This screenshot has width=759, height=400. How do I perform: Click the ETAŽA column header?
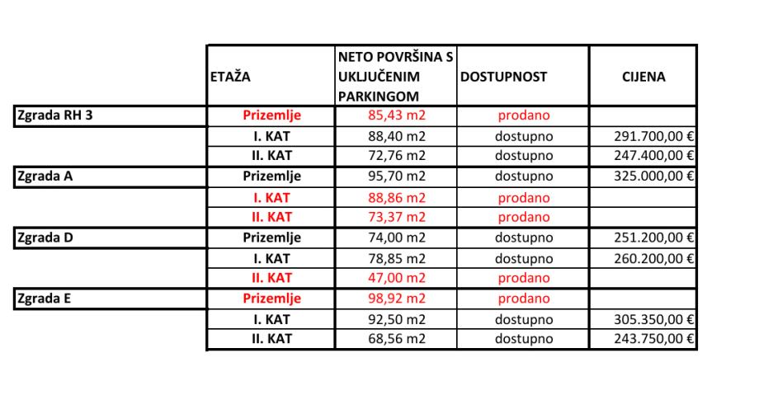[x=231, y=77]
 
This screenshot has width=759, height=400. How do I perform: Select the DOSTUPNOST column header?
[x=503, y=77]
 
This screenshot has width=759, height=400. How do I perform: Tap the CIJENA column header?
[x=643, y=77]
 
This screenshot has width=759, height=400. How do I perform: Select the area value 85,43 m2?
[x=396, y=115]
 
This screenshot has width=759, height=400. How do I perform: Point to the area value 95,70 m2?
[x=396, y=176]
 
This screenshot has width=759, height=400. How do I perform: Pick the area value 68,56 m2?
[x=396, y=339]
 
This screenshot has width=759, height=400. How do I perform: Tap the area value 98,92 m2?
[x=396, y=299]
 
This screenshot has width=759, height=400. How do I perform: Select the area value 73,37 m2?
[x=396, y=217]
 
